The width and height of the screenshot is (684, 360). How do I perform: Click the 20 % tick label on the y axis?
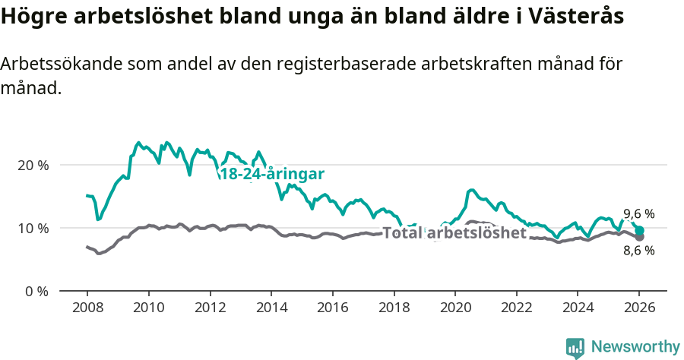33,165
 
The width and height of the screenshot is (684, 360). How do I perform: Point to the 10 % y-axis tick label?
33,228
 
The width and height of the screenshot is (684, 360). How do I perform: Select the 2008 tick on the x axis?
87,309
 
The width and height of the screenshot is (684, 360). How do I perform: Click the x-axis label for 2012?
210,309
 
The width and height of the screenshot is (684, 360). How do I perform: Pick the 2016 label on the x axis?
332,309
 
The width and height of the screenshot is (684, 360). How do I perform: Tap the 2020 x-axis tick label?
454,309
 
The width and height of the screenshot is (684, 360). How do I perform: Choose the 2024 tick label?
577,309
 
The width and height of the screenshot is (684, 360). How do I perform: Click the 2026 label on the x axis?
639,309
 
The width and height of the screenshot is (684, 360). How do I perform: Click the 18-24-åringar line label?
272,174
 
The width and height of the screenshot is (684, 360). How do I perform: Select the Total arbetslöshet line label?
454,233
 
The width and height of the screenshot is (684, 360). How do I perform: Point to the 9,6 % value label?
638,214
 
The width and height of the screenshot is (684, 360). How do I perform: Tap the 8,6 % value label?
638,251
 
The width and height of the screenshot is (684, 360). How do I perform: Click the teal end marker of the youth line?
639,230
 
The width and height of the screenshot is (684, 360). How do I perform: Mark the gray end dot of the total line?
639,237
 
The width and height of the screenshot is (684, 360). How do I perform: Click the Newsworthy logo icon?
575,347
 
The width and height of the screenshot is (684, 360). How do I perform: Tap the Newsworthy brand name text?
635,347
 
